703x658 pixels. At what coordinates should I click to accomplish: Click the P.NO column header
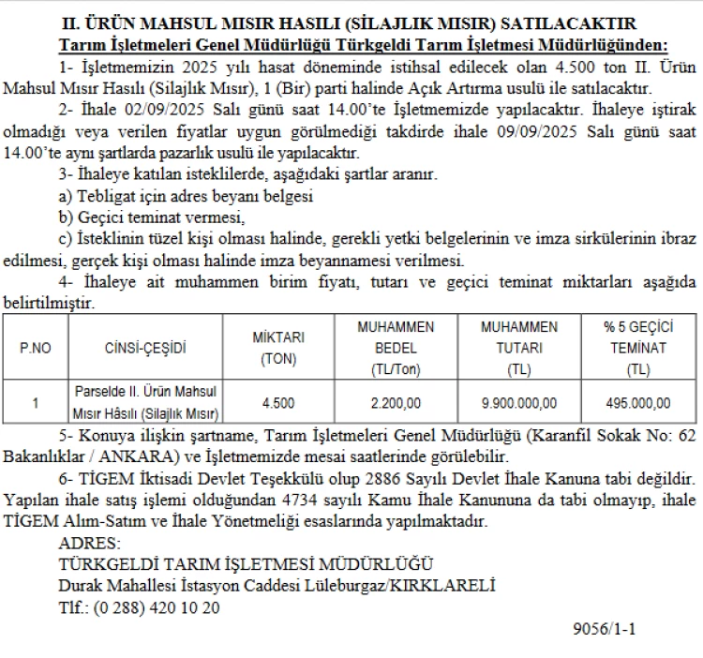click(x=37, y=348)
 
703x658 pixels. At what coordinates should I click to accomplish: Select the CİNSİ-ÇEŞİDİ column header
click(x=146, y=348)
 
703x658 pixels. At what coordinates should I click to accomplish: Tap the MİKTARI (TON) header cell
click(x=278, y=348)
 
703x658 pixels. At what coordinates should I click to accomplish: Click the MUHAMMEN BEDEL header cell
click(x=396, y=348)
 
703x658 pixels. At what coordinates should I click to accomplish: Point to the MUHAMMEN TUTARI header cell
click(x=518, y=348)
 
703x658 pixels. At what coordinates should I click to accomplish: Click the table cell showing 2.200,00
click(x=396, y=403)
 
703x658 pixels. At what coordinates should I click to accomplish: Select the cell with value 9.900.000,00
click(x=518, y=403)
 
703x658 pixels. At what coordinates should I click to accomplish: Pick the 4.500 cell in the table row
click(x=278, y=403)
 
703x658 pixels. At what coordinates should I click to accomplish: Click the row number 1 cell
click(x=36, y=403)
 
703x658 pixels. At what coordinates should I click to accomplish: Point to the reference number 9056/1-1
click(x=604, y=629)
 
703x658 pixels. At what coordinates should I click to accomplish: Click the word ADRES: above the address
click(x=89, y=544)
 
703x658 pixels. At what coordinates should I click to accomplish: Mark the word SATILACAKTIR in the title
click(x=578, y=22)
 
